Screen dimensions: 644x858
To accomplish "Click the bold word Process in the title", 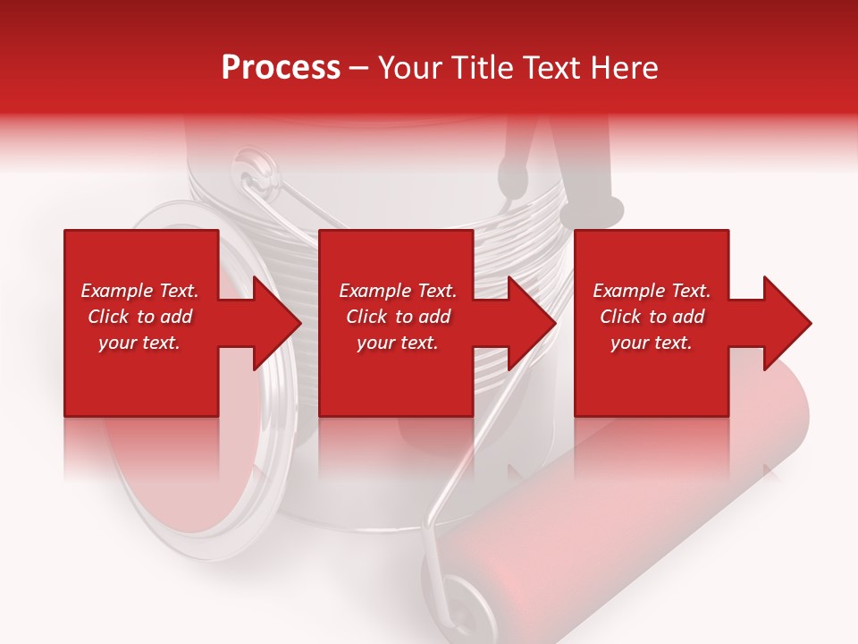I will (281, 68).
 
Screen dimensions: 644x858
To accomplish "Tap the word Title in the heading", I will (483, 68).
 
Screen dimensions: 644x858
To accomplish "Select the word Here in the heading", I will (622, 68).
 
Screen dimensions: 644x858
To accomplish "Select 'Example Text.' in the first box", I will (139, 291).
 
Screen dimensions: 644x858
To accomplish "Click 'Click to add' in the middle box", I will (398, 317).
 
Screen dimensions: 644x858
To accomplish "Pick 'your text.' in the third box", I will (651, 343).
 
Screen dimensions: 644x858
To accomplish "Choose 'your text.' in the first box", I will (139, 343).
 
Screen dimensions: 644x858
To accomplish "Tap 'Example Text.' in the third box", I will (651, 291).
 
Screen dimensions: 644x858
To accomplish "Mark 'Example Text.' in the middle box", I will (398, 291).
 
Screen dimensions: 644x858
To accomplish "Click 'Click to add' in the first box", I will (139, 317).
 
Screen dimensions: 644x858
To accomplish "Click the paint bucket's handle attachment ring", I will (255, 170).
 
